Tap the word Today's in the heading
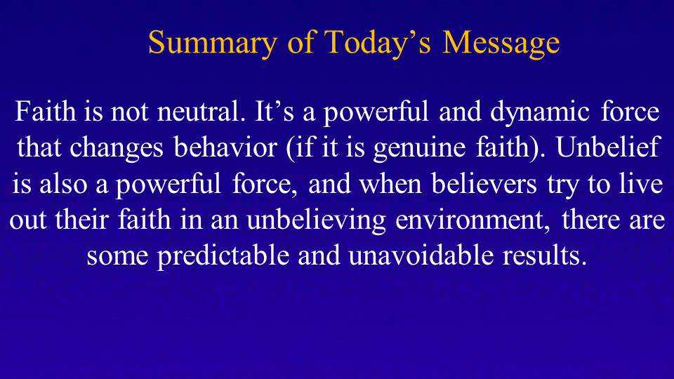[x=377, y=43]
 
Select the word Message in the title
[x=501, y=44]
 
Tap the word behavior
[x=225, y=147]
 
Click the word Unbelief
[x=607, y=147]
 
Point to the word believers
[x=484, y=183]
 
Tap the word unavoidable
[x=421, y=255]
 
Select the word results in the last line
[x=545, y=255]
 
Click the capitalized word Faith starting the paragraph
[x=46, y=112]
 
